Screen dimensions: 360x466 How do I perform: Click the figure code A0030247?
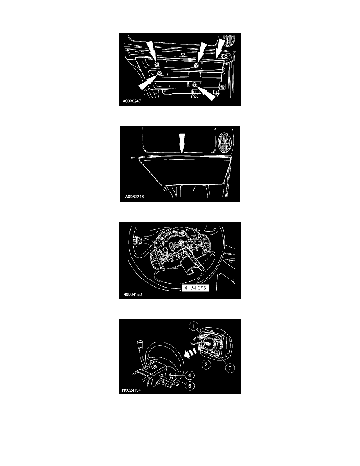point(132,101)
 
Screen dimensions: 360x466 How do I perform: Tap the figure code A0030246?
point(134,197)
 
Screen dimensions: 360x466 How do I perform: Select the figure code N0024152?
point(133,295)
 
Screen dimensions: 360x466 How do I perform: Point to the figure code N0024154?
point(131,390)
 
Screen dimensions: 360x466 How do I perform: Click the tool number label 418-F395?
point(195,288)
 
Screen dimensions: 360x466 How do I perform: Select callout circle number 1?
point(194,327)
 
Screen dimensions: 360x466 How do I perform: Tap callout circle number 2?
point(206,364)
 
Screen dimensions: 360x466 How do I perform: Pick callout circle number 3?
point(230,368)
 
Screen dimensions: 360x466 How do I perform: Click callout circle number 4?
point(189,376)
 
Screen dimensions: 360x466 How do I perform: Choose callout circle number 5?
point(189,386)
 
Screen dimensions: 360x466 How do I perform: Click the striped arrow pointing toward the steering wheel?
point(191,353)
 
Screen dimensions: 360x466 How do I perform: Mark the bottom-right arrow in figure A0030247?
point(205,93)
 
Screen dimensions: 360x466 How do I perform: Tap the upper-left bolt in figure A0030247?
point(156,64)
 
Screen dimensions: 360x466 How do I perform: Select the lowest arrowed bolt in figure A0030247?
point(194,85)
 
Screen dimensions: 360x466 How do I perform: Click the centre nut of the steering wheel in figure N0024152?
point(176,245)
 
